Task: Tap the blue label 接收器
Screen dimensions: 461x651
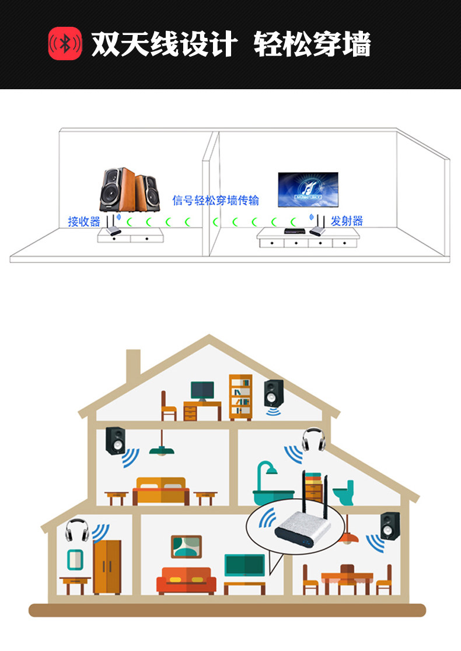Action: (x=84, y=222)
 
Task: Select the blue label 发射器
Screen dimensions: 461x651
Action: (x=347, y=221)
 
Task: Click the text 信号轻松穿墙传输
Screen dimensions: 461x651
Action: (x=215, y=201)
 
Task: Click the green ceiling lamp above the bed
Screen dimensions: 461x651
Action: (x=162, y=449)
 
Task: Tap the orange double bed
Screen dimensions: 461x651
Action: (x=160, y=490)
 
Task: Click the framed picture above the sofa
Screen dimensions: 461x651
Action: (x=186, y=547)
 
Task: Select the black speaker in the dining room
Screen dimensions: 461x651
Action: (x=390, y=526)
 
